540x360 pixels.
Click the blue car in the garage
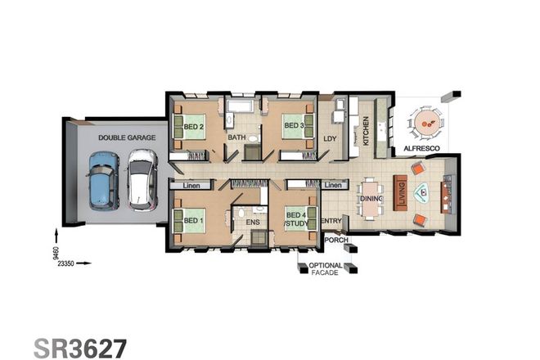[103, 187]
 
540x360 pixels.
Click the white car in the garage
[141, 179]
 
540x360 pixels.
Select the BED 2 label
[194, 127]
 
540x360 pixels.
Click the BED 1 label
[193, 220]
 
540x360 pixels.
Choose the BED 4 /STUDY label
[295, 220]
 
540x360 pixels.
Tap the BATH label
[237, 137]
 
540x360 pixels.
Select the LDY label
[331, 139]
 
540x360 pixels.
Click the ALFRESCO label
[423, 148]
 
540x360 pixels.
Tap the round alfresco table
[426, 125]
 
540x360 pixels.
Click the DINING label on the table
[371, 199]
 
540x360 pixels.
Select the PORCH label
[336, 241]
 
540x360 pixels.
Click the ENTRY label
[331, 221]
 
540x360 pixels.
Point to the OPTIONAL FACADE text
[325, 268]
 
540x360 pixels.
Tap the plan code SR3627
[79, 346]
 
